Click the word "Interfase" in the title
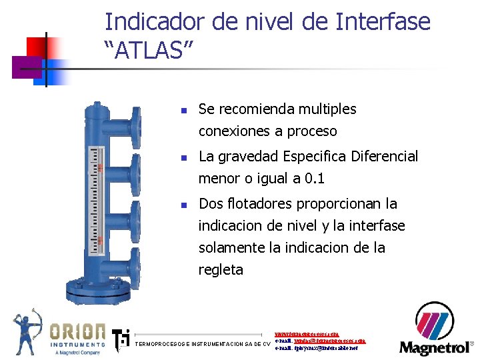(383, 22)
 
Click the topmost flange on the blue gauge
(135, 123)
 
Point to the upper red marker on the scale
(99, 168)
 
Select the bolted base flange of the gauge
(104, 291)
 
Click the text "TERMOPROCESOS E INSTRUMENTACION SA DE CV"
(203, 345)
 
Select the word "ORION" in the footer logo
(78, 331)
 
